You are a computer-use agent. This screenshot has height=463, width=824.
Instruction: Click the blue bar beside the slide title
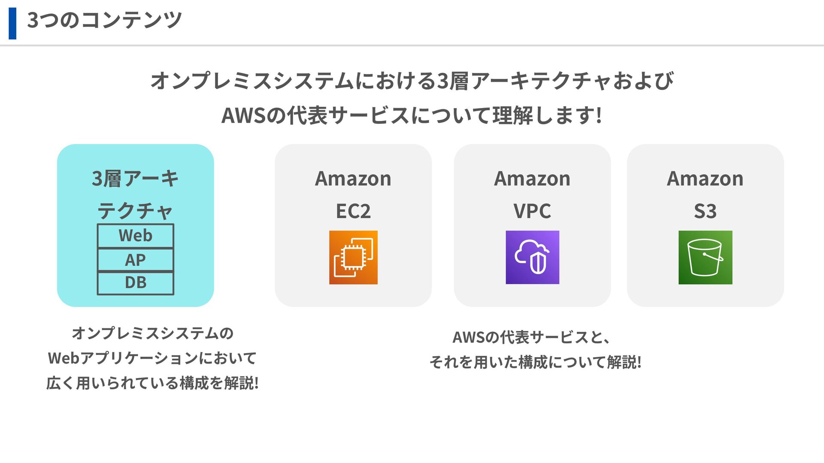[x=12, y=24]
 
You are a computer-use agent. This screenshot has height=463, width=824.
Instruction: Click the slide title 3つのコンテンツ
[x=104, y=20]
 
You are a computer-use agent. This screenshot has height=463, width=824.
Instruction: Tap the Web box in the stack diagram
[x=136, y=236]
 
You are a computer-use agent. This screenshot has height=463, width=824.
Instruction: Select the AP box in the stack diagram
[x=136, y=260]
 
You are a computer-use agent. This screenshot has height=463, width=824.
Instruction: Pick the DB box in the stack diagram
[x=136, y=283]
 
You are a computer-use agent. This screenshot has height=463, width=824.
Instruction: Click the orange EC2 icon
[x=353, y=257]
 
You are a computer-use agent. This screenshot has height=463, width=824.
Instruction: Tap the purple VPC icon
[x=532, y=257]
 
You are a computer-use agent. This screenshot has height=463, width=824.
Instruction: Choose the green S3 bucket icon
[x=705, y=257]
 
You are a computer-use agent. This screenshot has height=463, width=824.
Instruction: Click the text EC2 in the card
[x=353, y=211]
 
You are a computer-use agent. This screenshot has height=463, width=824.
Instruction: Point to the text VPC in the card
[x=532, y=211]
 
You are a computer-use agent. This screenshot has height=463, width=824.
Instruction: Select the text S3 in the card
[x=705, y=211]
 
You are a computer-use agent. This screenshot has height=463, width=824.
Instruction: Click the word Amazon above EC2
[x=353, y=179]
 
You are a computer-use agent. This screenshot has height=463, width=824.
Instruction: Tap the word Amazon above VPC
[x=532, y=179]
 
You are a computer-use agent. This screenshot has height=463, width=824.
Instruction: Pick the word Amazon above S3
[x=705, y=179]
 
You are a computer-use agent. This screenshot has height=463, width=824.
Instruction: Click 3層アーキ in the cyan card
[x=135, y=179]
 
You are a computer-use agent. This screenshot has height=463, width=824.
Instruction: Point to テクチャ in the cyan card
[x=135, y=211]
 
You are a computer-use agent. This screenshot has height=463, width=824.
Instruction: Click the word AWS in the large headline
[x=243, y=116]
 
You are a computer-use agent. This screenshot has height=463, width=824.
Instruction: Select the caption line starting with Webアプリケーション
[x=152, y=358]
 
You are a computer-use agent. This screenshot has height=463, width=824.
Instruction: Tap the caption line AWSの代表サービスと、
[x=531, y=337]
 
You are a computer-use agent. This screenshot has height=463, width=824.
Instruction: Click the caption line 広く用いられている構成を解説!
[x=152, y=383]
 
